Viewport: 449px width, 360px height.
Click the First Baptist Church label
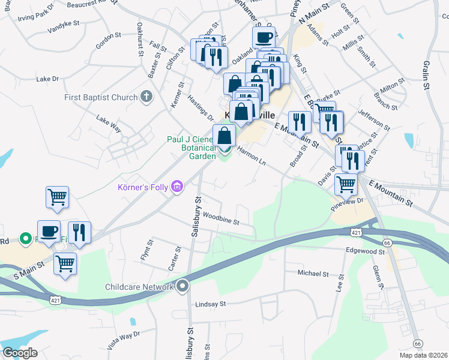pyautogui.click(x=101, y=97)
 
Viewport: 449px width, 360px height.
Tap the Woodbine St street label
pyautogui.click(x=221, y=218)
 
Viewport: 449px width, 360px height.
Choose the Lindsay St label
pyautogui.click(x=210, y=304)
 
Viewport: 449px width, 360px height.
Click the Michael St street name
pyautogui.click(x=313, y=274)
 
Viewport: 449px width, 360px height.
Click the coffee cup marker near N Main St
pyautogui.click(x=264, y=37)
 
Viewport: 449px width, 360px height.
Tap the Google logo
pyautogui.click(x=20, y=352)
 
